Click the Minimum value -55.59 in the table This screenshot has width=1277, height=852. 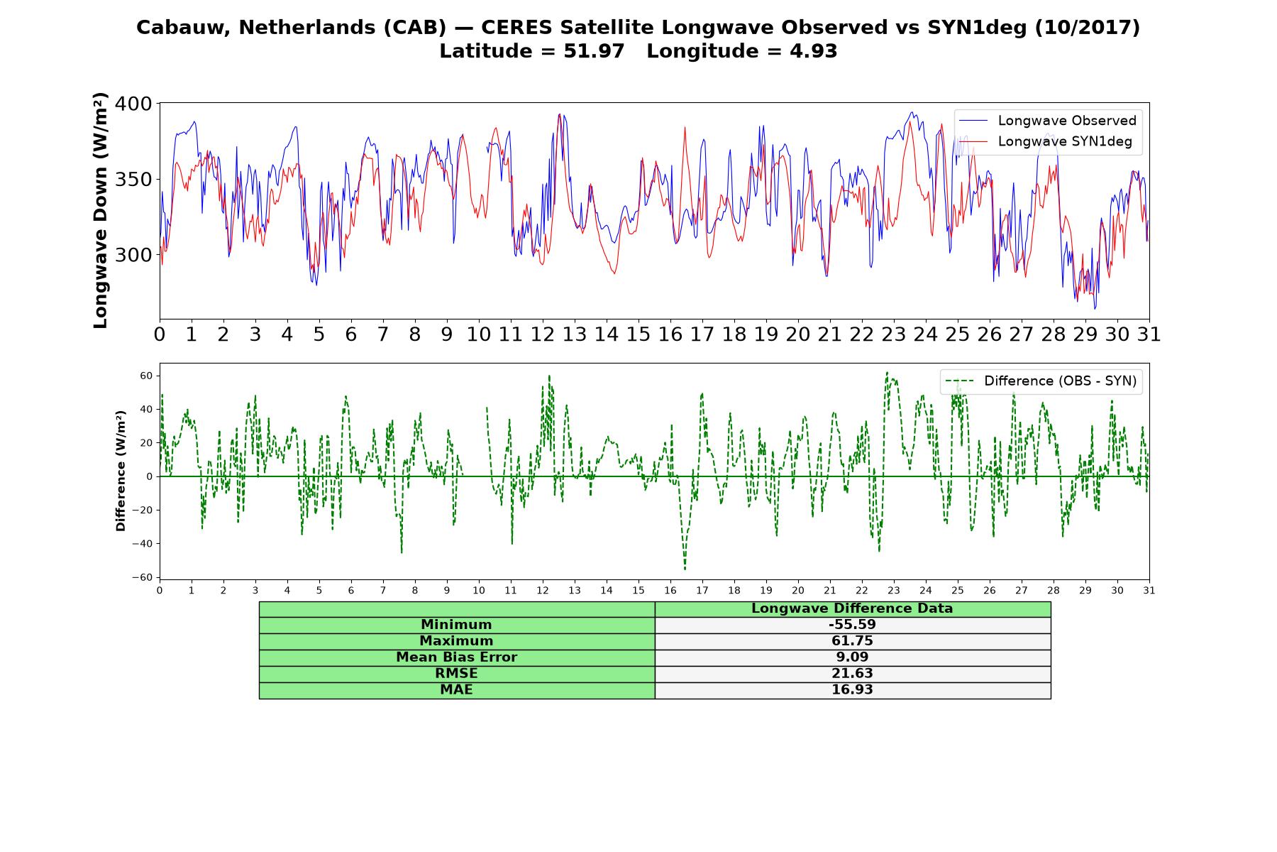click(852, 625)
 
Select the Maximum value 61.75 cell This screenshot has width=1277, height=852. click(852, 641)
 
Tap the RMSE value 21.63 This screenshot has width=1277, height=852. click(852, 674)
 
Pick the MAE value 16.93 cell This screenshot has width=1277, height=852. click(852, 690)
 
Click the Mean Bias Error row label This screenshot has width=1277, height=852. click(456, 657)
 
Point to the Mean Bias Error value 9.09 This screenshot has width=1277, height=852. click(852, 657)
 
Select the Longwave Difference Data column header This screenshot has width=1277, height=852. click(852, 608)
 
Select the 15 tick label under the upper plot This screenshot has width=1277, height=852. click(638, 334)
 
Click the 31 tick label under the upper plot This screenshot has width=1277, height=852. click(1149, 334)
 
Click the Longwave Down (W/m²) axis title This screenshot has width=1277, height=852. click(100, 210)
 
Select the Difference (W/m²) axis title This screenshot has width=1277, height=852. click(121, 471)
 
